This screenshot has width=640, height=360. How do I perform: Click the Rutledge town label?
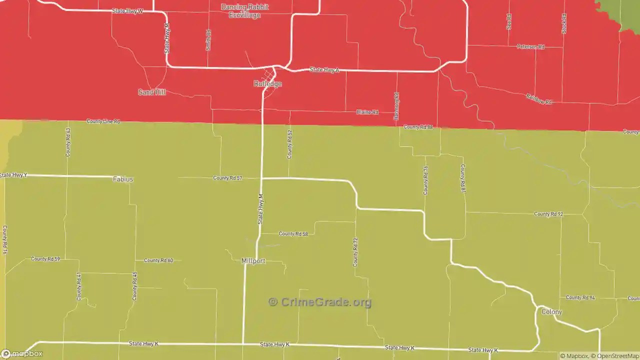click(x=268, y=84)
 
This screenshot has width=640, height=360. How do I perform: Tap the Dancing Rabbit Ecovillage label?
click(x=245, y=11)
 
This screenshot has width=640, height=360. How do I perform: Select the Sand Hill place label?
click(x=152, y=92)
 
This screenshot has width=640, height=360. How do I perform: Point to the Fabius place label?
click(x=123, y=179)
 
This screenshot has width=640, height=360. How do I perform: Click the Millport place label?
click(x=253, y=261)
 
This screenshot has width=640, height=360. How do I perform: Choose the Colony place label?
click(x=551, y=312)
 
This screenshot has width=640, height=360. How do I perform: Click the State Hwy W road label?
click(x=127, y=10)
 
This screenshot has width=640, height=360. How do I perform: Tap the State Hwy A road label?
click(x=324, y=70)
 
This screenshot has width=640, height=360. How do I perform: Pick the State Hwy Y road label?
click(x=13, y=175)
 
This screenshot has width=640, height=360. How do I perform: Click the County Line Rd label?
click(x=103, y=121)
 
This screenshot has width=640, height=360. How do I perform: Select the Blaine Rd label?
click(x=367, y=112)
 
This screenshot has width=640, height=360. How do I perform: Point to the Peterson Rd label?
click(x=530, y=47)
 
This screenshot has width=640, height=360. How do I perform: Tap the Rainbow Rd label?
click(x=538, y=99)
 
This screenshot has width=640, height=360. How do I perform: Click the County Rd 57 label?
click(x=227, y=178)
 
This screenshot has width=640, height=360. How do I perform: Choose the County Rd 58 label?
click(x=293, y=234)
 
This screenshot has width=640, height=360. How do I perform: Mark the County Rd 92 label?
click(x=548, y=214)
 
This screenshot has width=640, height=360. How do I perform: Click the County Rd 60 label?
click(x=158, y=260)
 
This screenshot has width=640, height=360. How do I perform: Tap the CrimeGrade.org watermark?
click(x=320, y=302)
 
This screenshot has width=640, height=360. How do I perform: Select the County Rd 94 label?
click(x=580, y=298)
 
